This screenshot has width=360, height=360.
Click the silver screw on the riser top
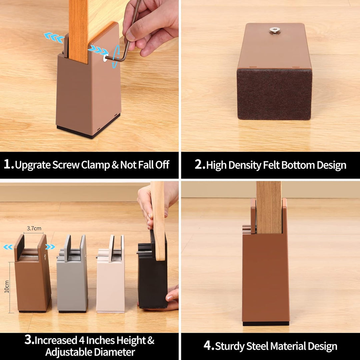[x=274, y=31]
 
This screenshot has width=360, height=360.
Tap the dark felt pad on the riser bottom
[x=274, y=94]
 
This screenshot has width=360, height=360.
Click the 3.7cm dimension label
[x=34, y=228]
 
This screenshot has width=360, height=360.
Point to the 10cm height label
[x=7, y=287]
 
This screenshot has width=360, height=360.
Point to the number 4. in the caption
[x=209, y=346]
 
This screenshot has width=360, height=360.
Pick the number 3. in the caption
[x=29, y=340]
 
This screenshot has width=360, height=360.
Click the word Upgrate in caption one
[x=33, y=165]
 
